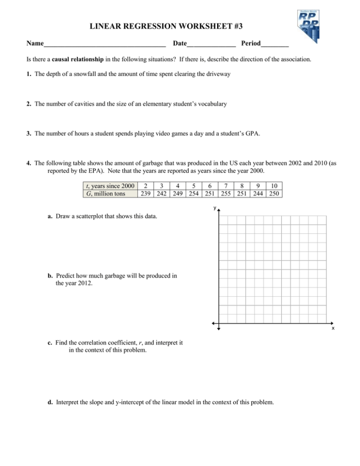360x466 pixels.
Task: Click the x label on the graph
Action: point(333,328)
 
